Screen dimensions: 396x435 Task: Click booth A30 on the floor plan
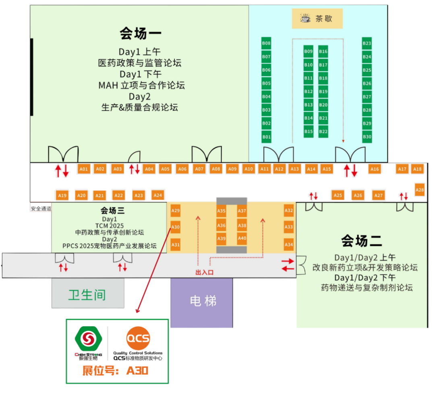tap(176, 227)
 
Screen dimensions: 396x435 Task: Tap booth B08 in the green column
tap(266, 43)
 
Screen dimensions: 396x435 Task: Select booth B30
tap(367, 137)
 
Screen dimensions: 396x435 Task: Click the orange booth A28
tap(420, 190)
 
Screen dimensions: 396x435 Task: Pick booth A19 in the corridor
tap(62, 196)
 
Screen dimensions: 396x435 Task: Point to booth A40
tap(242, 238)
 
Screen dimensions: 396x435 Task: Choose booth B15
tap(309, 131)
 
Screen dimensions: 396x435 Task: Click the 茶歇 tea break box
tap(317, 19)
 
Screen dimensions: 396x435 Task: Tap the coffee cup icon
tap(305, 19)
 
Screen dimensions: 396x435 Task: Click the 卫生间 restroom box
tap(87, 294)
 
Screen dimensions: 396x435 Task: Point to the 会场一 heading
tap(140, 33)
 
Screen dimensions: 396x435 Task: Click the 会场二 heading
tap(361, 241)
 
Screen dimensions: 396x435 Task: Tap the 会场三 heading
tap(112, 211)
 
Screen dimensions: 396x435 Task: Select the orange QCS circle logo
tap(138, 338)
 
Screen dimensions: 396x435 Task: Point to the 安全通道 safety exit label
tap(41, 209)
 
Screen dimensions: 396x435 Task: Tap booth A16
tap(375, 169)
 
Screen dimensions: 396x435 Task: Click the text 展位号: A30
tap(115, 371)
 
